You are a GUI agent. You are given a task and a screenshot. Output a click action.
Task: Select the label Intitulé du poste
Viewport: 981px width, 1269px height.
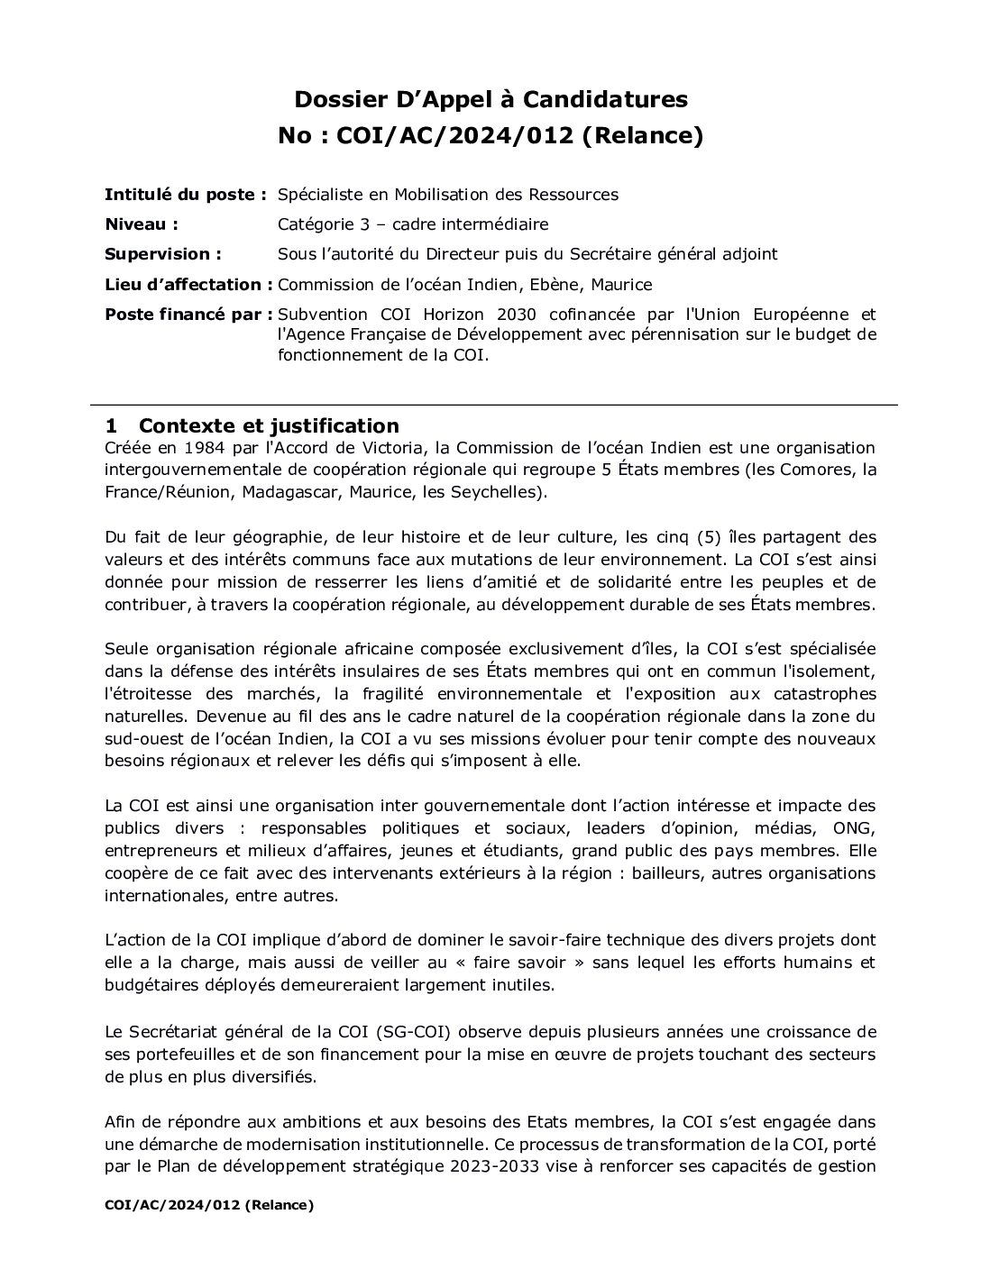click(x=185, y=194)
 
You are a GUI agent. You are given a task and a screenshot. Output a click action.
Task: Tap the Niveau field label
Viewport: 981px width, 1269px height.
click(x=141, y=224)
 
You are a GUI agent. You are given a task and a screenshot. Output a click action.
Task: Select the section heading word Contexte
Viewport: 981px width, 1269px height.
click(x=193, y=425)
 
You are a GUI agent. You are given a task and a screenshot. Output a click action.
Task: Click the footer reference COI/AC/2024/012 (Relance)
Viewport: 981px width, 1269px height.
click(x=209, y=1205)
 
